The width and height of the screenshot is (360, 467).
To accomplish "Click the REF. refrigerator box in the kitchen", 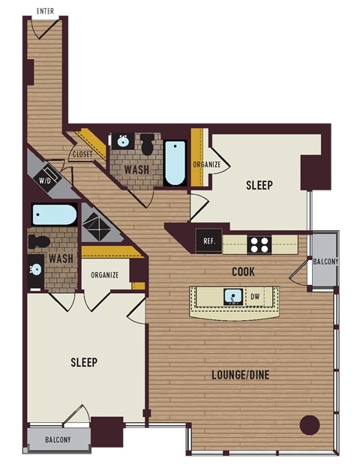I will coord(208,242).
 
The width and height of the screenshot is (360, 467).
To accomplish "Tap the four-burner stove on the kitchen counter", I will coord(259,243).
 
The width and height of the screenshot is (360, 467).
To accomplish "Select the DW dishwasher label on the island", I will coord(255,296).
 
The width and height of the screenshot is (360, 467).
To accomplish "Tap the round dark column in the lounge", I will coord(310,425).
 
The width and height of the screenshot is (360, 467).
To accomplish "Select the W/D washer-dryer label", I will coord(46,180).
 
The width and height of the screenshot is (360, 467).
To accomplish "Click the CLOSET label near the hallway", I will coord(82,154).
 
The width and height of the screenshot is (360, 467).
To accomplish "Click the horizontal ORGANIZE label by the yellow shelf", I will coord(104,274).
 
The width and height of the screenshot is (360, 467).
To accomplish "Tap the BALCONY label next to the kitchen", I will coord(325,262).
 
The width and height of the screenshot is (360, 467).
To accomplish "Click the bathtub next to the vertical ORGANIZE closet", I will coord(177,162).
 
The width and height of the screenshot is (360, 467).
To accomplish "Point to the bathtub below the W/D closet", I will coord(54,215).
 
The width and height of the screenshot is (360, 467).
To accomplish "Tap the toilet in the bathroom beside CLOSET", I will coord(148,142).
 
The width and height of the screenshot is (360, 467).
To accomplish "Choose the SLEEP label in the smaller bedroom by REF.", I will coord(259,185).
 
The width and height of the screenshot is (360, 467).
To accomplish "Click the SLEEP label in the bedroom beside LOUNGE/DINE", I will coord(84,362).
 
